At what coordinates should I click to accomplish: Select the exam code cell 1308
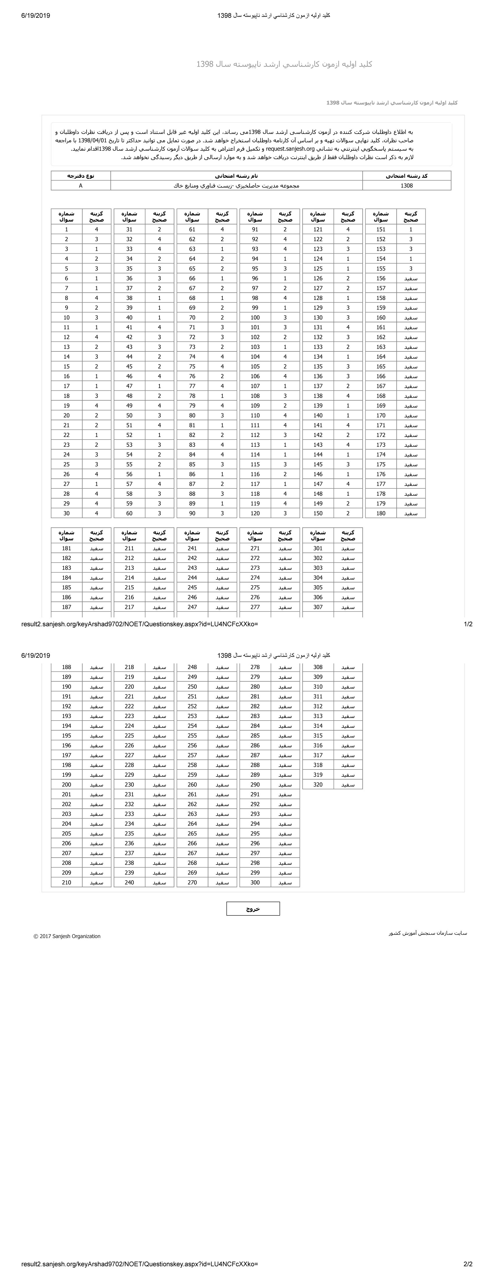coord(407,185)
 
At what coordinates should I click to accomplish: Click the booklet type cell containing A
coord(80,185)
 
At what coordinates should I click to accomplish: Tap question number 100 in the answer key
coord(255,317)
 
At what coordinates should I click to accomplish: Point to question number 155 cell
coord(381,268)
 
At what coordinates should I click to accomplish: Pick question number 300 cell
coord(255,883)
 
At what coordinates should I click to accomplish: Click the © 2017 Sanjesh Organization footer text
coord(67,936)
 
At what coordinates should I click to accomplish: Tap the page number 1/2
coord(468,624)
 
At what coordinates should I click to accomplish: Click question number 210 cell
coord(67,883)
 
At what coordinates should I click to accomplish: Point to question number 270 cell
coord(192,883)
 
